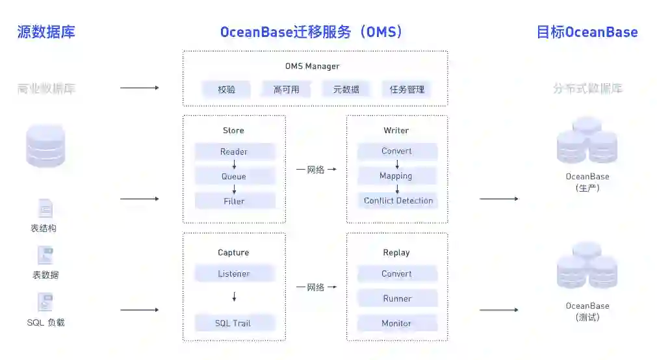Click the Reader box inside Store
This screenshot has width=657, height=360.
235,152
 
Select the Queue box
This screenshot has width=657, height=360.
235,176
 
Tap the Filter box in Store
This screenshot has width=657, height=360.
235,201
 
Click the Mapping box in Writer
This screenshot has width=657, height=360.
396,176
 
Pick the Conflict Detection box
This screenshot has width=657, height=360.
398,201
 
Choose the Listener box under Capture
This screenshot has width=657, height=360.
235,274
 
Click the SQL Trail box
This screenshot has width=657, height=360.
235,323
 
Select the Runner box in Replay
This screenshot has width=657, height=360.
397,298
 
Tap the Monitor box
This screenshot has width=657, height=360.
397,323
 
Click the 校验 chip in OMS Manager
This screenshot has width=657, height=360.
227,90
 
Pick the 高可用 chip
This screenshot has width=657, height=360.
287,90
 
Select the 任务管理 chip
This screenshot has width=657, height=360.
407,90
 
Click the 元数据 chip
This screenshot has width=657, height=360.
346,90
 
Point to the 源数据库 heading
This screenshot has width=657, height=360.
46,32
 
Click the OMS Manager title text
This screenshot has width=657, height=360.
313,66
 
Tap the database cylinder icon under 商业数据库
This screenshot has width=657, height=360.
45,146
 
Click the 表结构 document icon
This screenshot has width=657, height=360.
45,209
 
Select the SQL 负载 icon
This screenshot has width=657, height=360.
45,302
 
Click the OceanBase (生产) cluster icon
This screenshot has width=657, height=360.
587,141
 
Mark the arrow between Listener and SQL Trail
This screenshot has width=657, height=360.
235,297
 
